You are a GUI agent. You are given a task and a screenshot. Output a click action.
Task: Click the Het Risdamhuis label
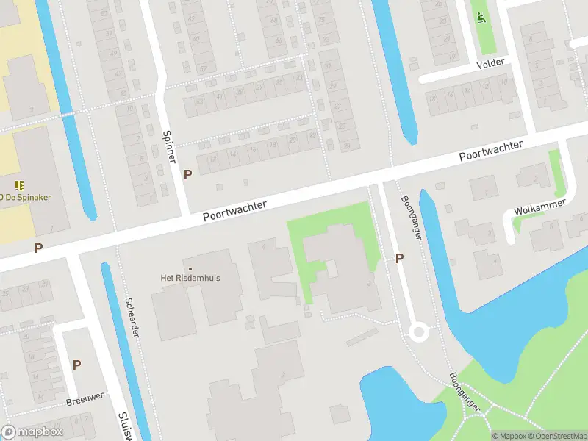point(191,279)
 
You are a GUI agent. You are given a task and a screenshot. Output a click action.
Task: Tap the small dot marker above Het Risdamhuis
point(191,269)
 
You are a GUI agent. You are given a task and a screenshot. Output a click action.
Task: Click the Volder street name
point(490,63)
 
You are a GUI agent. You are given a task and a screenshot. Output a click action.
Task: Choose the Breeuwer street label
point(85,398)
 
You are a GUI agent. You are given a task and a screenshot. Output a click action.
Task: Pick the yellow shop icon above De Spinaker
point(20,184)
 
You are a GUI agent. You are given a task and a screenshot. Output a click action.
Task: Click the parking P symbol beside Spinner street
point(188,174)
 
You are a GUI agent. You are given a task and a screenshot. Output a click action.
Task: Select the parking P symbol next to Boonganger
point(400,258)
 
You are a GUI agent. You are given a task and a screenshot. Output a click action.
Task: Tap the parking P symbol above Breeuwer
point(76,365)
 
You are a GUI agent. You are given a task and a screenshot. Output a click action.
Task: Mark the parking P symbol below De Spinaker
point(38,248)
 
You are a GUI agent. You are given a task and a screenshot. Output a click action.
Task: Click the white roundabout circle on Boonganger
point(419,331)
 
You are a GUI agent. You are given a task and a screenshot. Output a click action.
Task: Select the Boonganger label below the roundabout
point(464,391)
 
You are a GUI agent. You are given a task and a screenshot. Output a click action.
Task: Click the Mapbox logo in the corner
point(32,432)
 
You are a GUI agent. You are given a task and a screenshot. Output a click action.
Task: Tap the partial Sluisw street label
point(123,426)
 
